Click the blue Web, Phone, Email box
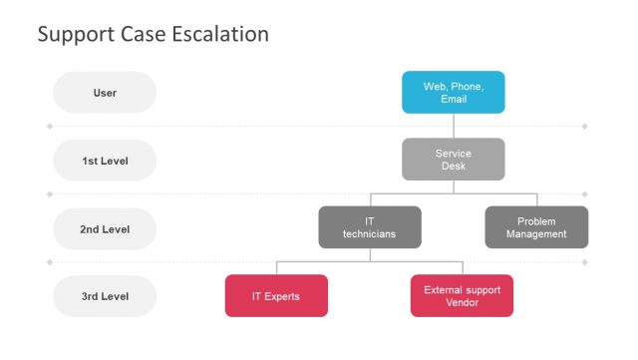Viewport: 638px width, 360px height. coord(453,92)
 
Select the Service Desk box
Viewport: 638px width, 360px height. coord(453,160)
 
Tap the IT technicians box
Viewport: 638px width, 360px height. coord(369,227)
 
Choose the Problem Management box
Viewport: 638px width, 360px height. coord(536,227)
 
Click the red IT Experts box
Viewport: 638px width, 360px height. coord(276,296)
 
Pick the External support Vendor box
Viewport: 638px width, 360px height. coord(462,296)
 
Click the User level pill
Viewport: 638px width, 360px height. coord(105,93)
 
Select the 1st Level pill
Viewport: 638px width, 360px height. coord(105,161)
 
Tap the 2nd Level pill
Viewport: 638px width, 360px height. coord(105,229)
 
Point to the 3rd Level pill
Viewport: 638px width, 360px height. coord(105,297)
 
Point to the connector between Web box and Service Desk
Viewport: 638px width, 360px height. coord(454,126)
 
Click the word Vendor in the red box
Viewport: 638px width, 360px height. coord(462,303)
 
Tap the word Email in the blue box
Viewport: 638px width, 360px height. coord(454,100)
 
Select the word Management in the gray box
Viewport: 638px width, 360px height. coord(536,234)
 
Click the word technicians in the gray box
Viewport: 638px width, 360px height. coord(369,234)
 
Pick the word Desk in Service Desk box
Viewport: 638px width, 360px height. coord(454,167)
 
